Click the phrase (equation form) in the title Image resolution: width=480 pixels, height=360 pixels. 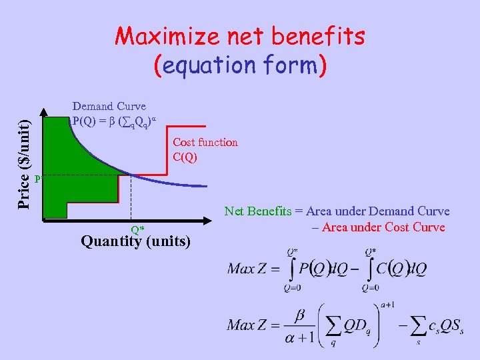point(240,65)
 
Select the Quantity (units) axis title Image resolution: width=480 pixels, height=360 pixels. point(135,241)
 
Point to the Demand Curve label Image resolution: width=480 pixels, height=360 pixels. point(109,106)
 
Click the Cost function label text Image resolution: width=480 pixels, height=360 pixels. point(205,142)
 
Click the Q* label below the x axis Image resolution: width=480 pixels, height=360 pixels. point(137,229)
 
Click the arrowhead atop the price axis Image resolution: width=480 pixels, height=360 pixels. point(44,112)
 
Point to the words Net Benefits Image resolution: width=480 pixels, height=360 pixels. point(258,211)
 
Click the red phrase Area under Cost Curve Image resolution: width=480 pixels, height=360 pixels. point(383,227)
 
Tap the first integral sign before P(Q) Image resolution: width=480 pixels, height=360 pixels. point(291,269)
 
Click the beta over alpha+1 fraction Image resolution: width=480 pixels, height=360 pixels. point(299,325)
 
